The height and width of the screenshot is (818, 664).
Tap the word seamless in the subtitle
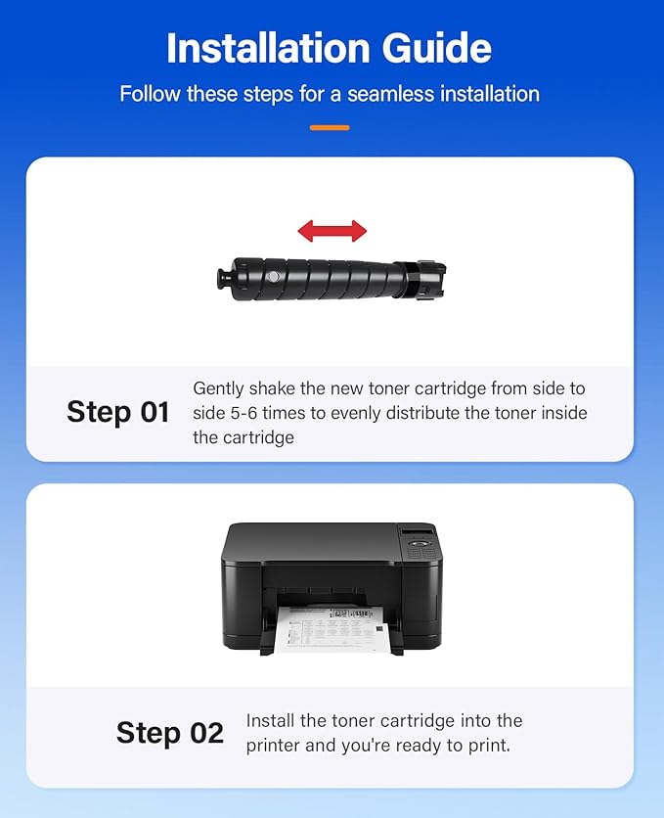coord(374,94)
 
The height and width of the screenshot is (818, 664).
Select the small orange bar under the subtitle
coord(330,127)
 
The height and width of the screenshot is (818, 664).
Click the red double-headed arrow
coord(332,231)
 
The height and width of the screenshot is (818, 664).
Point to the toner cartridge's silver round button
coord(273,279)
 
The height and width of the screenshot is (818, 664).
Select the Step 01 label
coord(117,412)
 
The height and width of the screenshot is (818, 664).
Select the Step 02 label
coord(169,733)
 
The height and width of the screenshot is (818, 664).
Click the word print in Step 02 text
coord(486,747)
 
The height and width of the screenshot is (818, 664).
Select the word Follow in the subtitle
coord(148,94)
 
